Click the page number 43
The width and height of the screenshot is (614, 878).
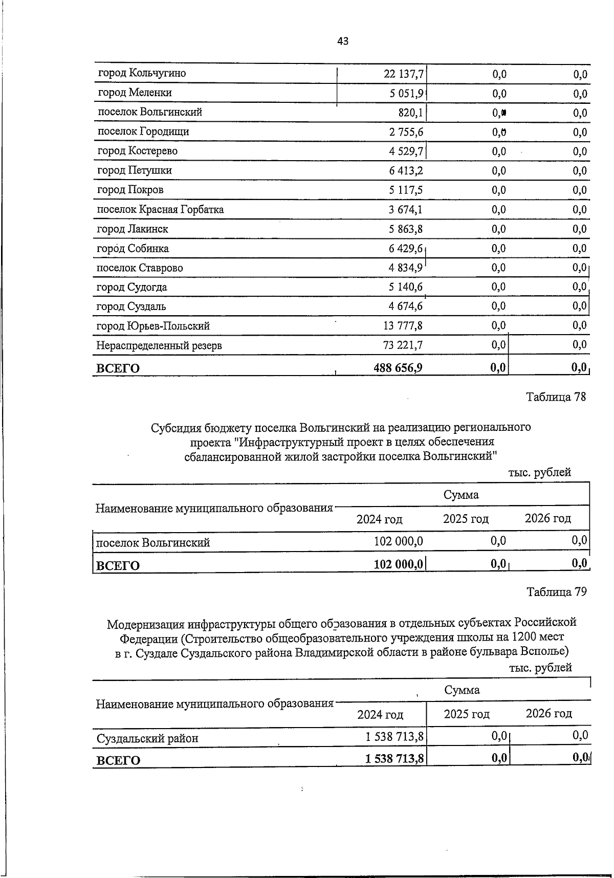pyautogui.click(x=343, y=41)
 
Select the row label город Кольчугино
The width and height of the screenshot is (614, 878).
pyautogui.click(x=142, y=73)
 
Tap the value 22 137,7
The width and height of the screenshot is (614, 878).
pyautogui.click(x=403, y=74)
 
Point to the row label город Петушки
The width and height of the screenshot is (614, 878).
pyautogui.click(x=135, y=170)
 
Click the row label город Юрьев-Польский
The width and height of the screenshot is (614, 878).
pyautogui.click(x=153, y=326)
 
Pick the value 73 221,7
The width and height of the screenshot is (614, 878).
pyautogui.click(x=403, y=345)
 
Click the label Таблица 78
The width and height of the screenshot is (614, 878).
pyautogui.click(x=556, y=397)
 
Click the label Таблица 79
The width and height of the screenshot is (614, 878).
pyautogui.click(x=557, y=592)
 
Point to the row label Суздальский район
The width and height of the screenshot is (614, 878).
pyautogui.click(x=147, y=738)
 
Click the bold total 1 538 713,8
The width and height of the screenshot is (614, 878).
pyautogui.click(x=394, y=759)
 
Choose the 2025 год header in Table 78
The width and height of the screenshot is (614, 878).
pyautogui.click(x=466, y=519)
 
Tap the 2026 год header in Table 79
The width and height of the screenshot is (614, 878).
pyautogui.click(x=549, y=713)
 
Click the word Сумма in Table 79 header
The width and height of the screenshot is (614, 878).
pyautogui.click(x=462, y=690)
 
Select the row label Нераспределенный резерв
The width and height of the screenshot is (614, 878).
pyautogui.click(x=159, y=345)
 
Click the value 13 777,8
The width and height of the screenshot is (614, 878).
pyautogui.click(x=403, y=326)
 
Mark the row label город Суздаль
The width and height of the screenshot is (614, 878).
pyautogui.click(x=131, y=306)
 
